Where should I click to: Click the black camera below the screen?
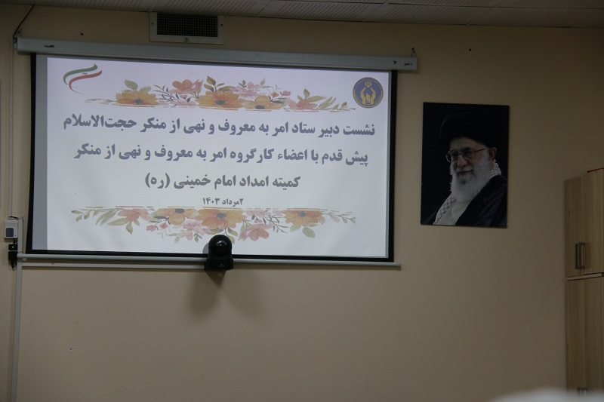pyautogui.click(x=219, y=253)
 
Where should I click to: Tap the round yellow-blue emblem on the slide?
pyautogui.click(x=368, y=92)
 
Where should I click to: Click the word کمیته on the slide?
pyautogui.click(x=285, y=181)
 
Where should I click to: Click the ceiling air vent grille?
pyautogui.click(x=187, y=27)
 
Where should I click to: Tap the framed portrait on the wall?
pyautogui.click(x=465, y=164)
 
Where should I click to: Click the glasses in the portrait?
pyautogui.click(x=466, y=155)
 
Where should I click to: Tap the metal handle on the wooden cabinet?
pyautogui.click(x=580, y=256)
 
